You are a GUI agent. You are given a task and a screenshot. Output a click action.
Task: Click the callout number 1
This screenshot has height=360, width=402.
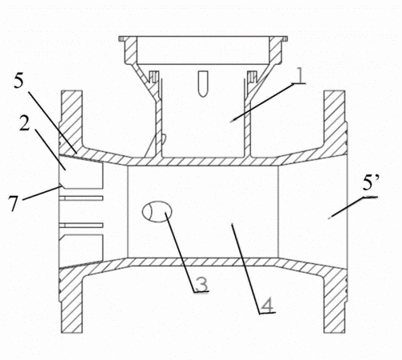tap(300, 75)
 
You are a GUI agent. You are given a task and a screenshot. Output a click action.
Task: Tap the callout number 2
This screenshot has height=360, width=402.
tap(25, 123)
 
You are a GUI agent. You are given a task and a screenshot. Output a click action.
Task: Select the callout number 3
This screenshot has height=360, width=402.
tap(201, 283)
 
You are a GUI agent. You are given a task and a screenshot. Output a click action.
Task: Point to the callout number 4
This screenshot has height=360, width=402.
tap(267, 305)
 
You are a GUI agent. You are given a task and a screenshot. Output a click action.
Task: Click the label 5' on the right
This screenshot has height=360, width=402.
tap(371, 183)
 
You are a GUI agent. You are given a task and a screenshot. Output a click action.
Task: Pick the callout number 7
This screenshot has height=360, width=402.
tap(14, 203)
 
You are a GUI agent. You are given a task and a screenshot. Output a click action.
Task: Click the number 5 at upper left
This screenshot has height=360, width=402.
tap(18, 81)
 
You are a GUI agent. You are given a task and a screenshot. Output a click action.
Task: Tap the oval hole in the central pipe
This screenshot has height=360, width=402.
tap(157, 211)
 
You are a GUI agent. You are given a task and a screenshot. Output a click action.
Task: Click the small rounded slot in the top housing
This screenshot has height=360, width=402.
tap(203, 83)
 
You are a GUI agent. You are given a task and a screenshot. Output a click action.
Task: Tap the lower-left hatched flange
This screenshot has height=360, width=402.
tap(71, 302)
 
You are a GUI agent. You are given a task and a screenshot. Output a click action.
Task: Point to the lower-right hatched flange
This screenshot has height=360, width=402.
tap(335, 302)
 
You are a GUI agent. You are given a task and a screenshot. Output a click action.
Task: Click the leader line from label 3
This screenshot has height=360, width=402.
tap(181, 252)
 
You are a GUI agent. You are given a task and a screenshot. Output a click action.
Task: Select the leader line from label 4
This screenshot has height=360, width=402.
tap(245, 269)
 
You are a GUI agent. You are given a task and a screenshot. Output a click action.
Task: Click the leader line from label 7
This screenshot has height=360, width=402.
tap(41, 193)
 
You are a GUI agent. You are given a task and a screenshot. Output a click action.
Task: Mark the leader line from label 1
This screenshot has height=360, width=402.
tap(262, 102)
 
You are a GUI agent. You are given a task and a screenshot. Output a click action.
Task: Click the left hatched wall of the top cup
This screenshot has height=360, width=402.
tap(131, 50)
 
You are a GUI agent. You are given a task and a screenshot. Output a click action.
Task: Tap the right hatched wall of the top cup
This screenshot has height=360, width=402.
tap(276, 50)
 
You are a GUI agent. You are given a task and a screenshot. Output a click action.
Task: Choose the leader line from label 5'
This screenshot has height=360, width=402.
tap(346, 208)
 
